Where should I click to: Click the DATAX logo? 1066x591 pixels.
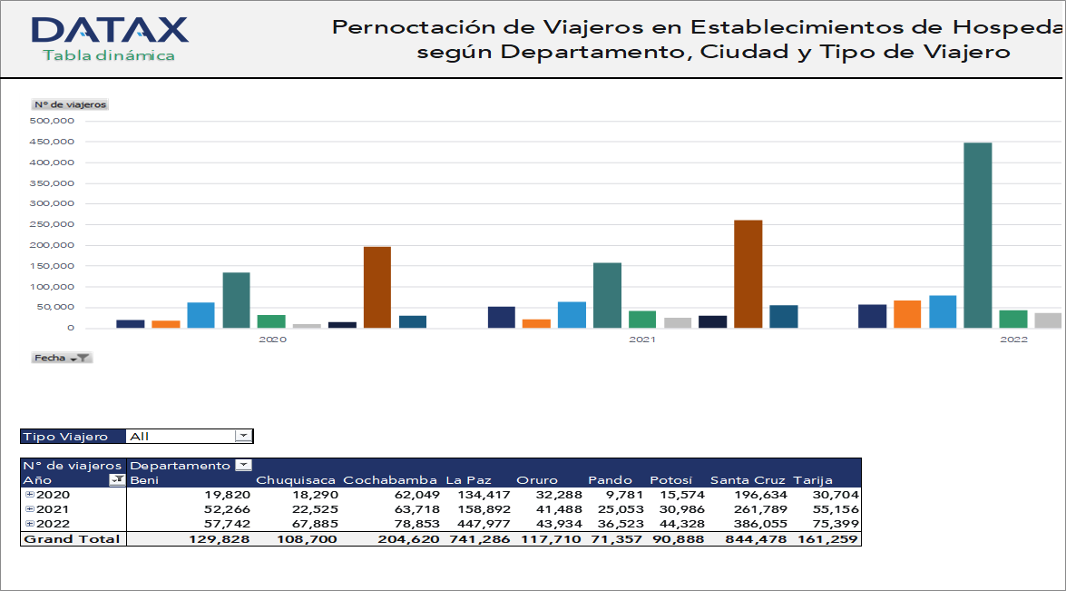pyautogui.click(x=109, y=30)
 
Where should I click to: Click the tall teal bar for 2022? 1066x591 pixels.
pyautogui.click(x=977, y=234)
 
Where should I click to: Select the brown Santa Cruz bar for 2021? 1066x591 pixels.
pyautogui.click(x=748, y=273)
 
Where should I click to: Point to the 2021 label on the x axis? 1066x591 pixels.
pyautogui.click(x=642, y=340)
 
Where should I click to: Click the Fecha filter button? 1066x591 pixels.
pyautogui.click(x=62, y=358)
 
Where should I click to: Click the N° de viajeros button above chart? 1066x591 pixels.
pyautogui.click(x=70, y=104)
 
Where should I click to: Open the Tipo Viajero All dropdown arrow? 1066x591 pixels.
pyautogui.click(x=242, y=436)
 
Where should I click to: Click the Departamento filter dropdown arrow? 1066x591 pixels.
pyautogui.click(x=242, y=466)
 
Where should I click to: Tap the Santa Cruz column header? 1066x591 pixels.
pyautogui.click(x=748, y=480)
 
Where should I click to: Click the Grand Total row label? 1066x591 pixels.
pyautogui.click(x=72, y=538)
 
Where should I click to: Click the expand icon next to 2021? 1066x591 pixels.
pyautogui.click(x=29, y=509)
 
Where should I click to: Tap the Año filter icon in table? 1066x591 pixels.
pyautogui.click(x=117, y=480)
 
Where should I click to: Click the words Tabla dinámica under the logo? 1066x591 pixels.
pyautogui.click(x=108, y=55)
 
